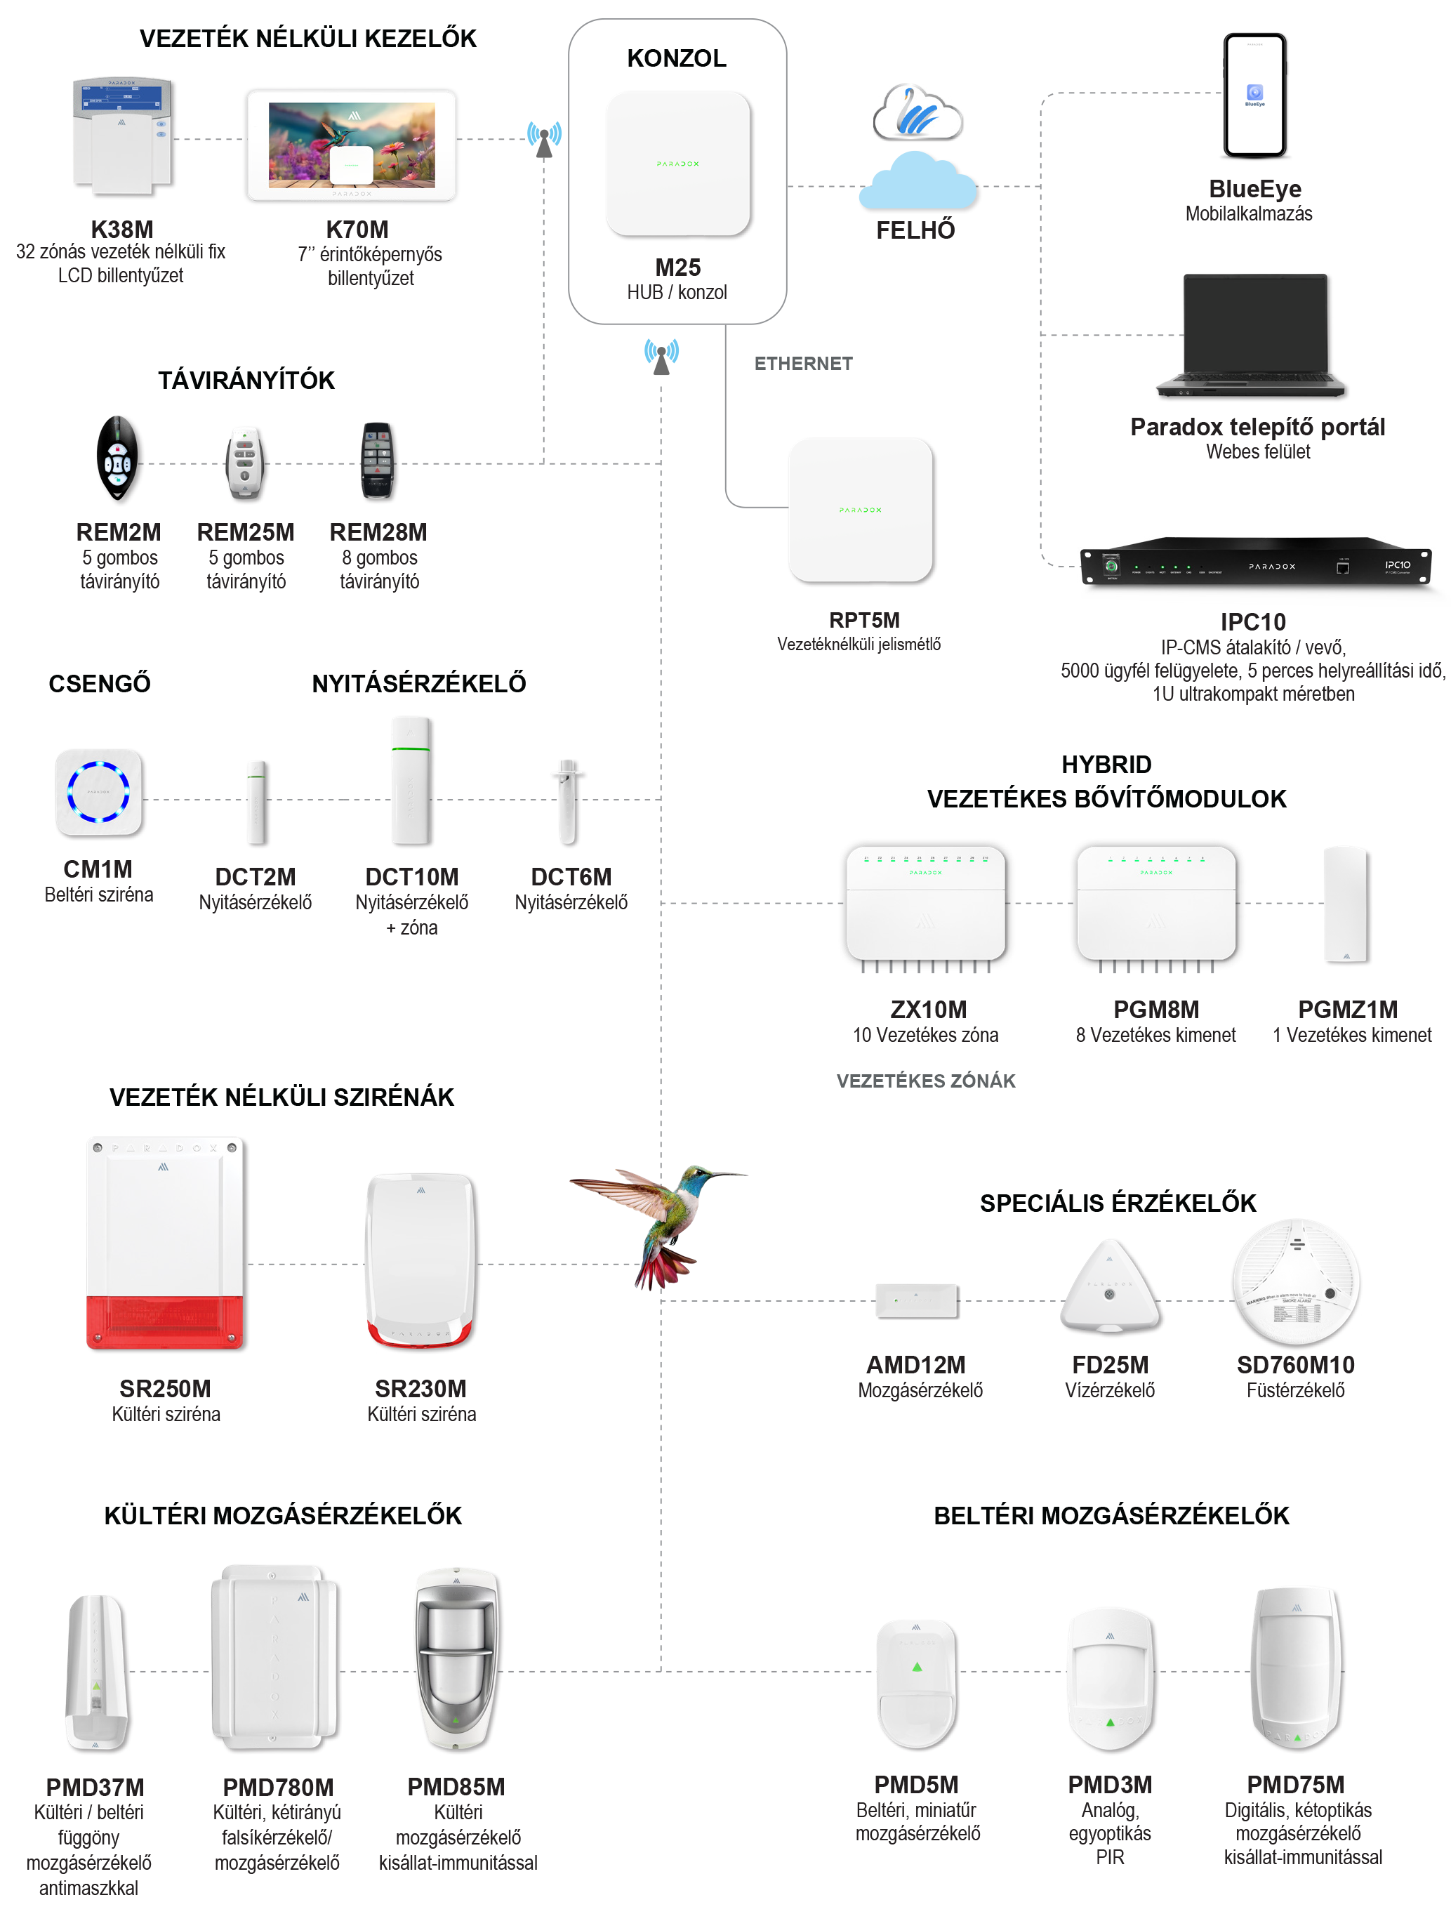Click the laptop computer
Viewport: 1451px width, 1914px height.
(1251, 333)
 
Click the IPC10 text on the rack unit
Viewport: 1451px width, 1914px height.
(1398, 565)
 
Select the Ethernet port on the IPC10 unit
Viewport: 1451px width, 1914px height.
(1342, 567)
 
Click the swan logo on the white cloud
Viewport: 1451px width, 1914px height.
(915, 111)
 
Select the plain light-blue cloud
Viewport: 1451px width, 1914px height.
(917, 183)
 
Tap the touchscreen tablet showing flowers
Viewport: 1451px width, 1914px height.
(351, 145)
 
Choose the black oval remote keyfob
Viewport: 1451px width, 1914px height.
(117, 458)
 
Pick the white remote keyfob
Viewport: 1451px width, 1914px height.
(244, 462)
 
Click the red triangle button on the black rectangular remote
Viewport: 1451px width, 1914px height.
(376, 470)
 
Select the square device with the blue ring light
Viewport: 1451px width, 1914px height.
(98, 792)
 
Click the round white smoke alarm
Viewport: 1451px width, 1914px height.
(1295, 1281)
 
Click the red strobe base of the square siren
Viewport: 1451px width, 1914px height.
(164, 1321)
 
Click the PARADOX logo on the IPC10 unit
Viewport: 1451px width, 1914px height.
(1272, 567)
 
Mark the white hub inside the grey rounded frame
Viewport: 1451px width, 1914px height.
(677, 163)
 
